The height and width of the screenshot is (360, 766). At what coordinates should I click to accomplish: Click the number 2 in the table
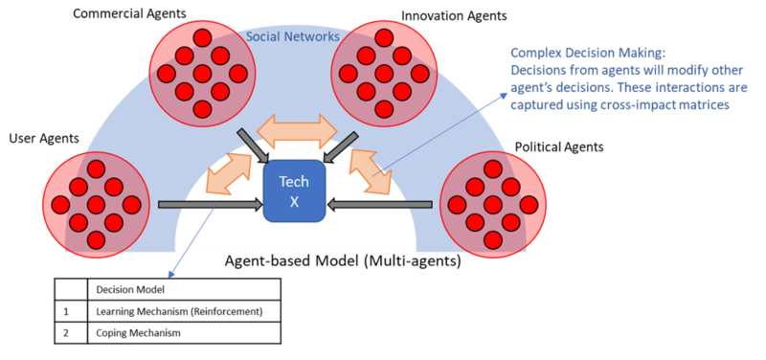point(67,333)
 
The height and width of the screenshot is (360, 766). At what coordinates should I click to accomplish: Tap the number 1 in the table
point(67,311)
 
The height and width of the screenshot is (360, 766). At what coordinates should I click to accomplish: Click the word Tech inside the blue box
point(294,182)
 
